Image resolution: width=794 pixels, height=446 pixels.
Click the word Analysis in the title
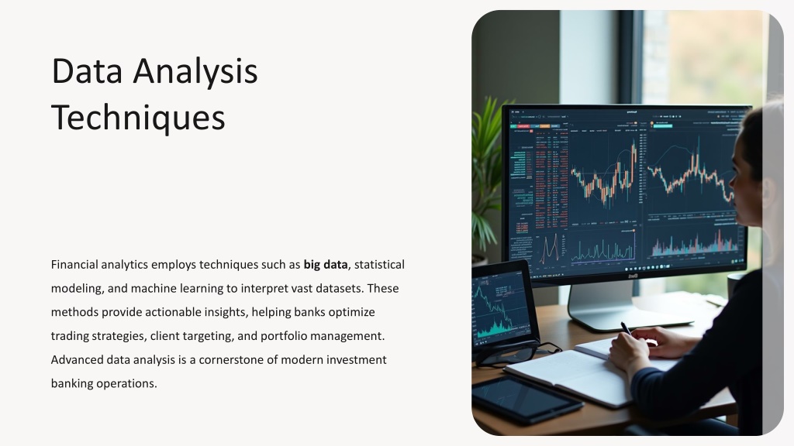point(195,72)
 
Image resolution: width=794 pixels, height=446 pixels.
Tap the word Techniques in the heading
point(138,118)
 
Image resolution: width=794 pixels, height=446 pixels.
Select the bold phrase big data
point(326,265)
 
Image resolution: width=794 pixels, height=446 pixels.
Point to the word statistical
point(379,265)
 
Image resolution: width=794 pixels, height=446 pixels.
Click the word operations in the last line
point(126,383)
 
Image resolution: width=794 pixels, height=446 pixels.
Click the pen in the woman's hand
point(626,328)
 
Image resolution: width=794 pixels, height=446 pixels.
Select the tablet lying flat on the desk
point(527,400)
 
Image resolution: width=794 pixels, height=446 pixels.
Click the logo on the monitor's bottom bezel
point(633,276)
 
